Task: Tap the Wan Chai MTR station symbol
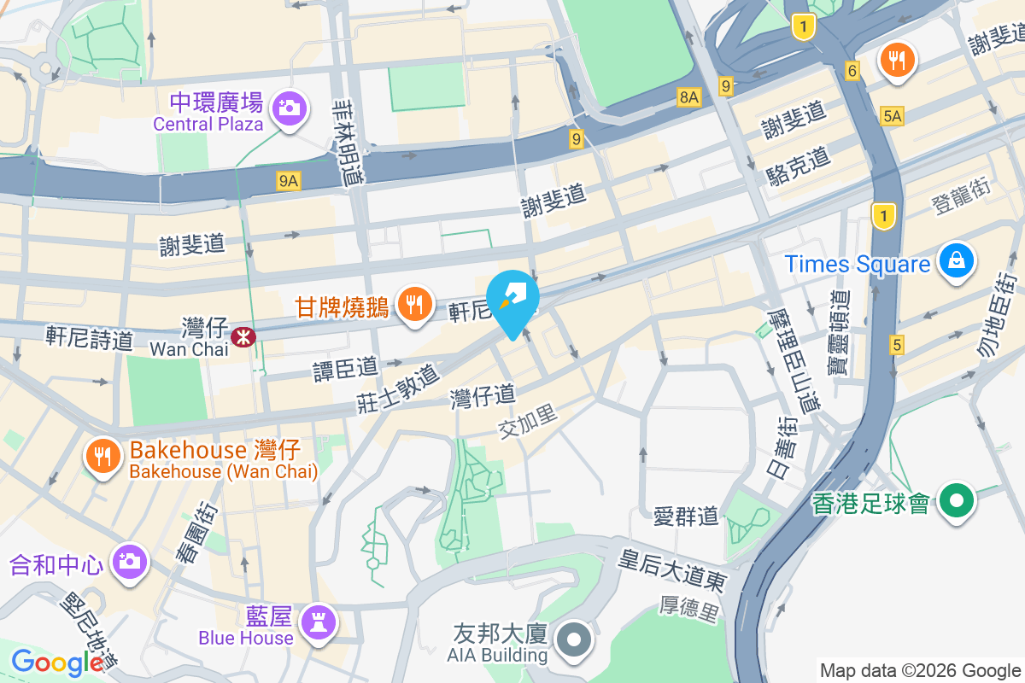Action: click(x=244, y=337)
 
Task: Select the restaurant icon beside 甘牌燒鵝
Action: click(x=415, y=303)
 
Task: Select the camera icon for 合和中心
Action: click(x=129, y=561)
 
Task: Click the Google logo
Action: click(x=56, y=662)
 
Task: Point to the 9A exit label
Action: click(x=289, y=180)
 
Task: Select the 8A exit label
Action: click(x=689, y=97)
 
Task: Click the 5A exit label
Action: click(x=893, y=115)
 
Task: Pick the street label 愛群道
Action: click(x=686, y=517)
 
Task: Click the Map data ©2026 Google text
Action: click(x=920, y=670)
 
